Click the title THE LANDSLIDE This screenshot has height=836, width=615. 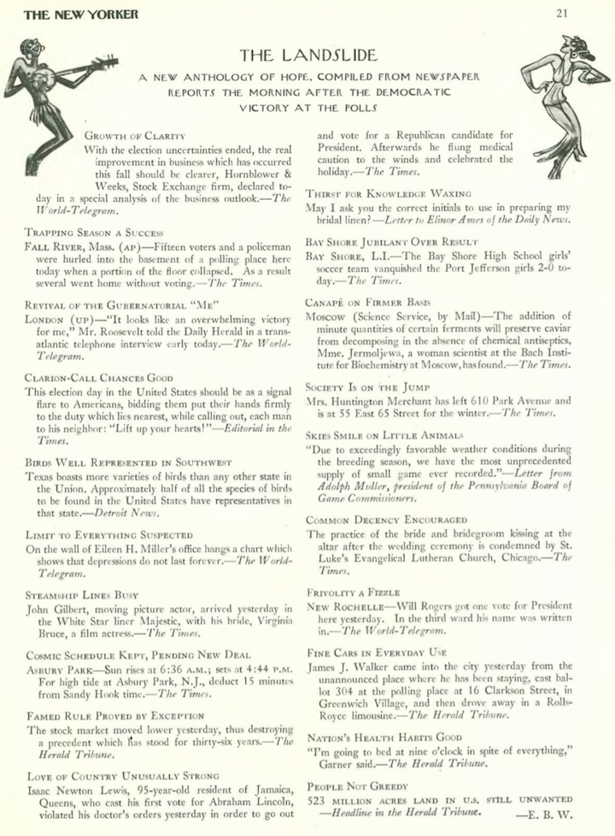pyautogui.click(x=307, y=56)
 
